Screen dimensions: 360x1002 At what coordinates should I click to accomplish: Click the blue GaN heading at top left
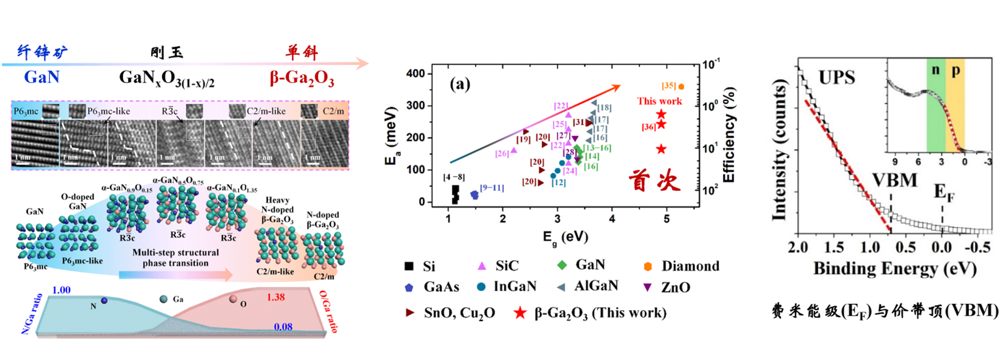pos(42,77)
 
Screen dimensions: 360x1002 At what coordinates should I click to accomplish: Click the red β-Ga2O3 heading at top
pos(302,78)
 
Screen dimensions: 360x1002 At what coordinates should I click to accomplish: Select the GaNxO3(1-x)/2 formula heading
pos(166,78)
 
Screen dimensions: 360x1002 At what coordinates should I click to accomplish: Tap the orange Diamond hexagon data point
pos(681,87)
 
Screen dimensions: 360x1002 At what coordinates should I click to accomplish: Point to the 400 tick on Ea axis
pos(416,74)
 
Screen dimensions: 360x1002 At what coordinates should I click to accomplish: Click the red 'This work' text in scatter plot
pos(659,101)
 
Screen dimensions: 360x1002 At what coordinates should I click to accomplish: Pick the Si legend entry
pos(420,267)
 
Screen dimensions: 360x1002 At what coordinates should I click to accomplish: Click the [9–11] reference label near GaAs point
pos(492,188)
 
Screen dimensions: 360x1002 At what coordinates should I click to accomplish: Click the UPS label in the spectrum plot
pos(837,78)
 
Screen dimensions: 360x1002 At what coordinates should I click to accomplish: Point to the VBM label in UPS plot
pos(894,181)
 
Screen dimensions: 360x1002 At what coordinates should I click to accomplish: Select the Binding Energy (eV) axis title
pos(894,269)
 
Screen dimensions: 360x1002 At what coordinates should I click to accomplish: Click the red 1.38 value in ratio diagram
pos(276,297)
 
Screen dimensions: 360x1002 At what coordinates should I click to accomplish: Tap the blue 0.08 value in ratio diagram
pos(283,327)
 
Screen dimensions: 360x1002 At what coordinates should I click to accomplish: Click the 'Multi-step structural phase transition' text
pos(175,258)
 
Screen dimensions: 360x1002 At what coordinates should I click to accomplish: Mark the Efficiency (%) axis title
pos(729,135)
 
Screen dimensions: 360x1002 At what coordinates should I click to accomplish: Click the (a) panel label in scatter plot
pos(460,84)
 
